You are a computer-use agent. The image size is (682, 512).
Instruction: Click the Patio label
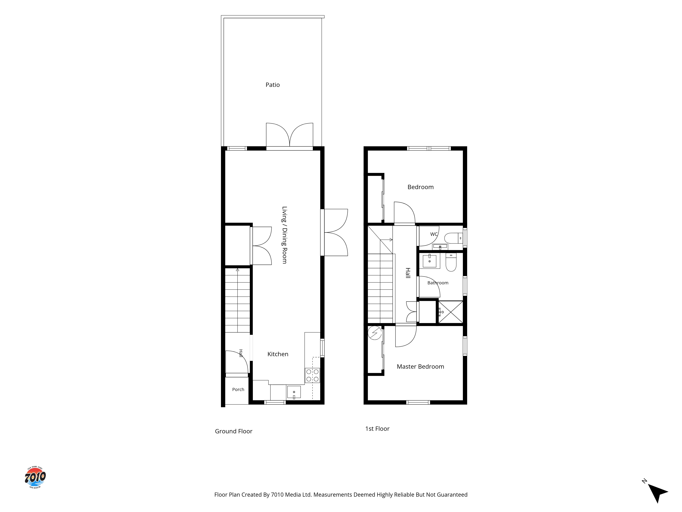pos(273,85)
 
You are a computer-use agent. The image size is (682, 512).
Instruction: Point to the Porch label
pos(238,389)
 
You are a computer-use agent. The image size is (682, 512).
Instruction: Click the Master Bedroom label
pos(420,367)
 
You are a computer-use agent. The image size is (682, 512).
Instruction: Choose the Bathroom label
pos(438,283)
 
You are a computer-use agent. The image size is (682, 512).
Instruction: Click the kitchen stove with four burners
pos(312,376)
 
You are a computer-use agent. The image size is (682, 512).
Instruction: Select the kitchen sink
pos(294,392)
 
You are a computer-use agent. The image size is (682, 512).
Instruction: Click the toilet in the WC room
pos(454,238)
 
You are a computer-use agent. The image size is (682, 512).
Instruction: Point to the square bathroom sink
pos(429,261)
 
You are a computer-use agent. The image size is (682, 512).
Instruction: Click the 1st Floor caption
pos(377,429)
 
